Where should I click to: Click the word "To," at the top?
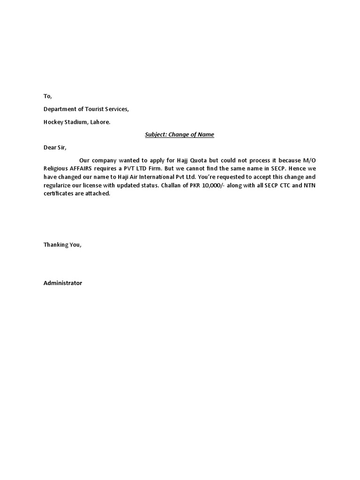click(x=47, y=96)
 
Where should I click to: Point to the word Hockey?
click(x=54, y=122)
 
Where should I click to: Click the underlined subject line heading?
click(x=179, y=135)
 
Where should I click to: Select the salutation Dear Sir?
click(x=55, y=148)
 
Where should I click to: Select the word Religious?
click(x=56, y=169)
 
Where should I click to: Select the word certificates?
click(x=59, y=194)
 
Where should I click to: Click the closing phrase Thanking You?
click(x=62, y=245)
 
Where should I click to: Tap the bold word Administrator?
click(x=63, y=283)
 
